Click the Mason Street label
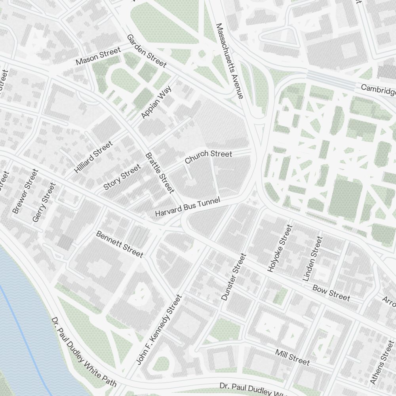98,57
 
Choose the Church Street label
208,156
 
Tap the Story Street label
122,177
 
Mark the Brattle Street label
160,173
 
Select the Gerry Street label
44,202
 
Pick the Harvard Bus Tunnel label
187,207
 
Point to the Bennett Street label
119,244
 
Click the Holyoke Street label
280,248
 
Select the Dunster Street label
234,277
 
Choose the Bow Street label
331,293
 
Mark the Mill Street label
292,357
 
